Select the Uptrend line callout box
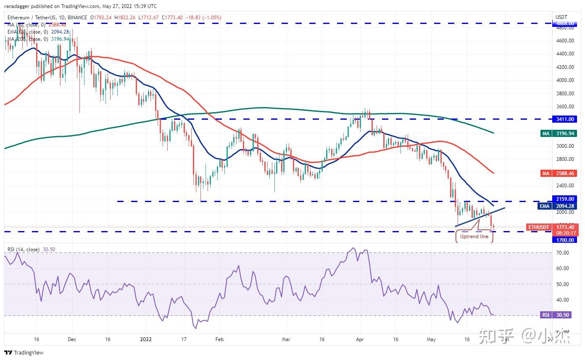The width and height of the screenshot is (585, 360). [474, 236]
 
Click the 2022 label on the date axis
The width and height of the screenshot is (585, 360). [146, 339]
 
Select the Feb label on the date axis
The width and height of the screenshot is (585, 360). [219, 339]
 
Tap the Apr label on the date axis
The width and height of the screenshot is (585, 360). [360, 339]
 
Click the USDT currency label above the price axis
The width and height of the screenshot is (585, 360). [561, 17]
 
